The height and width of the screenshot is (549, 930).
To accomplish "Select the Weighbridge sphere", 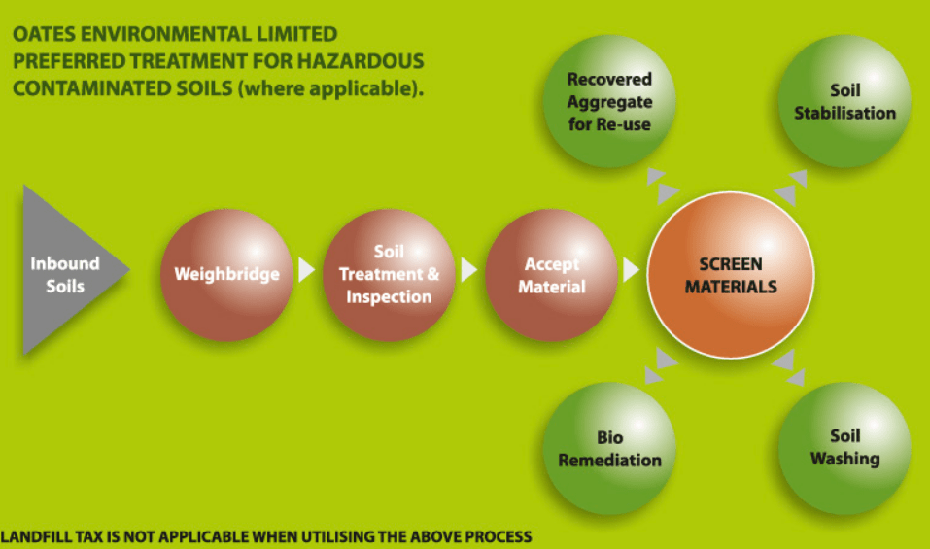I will [226, 274].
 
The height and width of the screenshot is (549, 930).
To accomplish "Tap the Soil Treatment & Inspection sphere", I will [389, 274].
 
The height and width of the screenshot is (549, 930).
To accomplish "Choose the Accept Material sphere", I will [551, 274].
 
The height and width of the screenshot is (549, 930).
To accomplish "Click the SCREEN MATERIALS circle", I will [731, 275].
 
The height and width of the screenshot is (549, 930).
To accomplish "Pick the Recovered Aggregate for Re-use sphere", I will [608, 100].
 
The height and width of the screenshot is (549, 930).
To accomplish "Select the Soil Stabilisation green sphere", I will [844, 101].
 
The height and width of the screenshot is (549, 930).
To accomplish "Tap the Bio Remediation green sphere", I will [609, 448].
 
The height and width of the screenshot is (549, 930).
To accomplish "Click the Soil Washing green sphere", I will [844, 448].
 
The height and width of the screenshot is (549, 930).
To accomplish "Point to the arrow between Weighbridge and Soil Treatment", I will [306, 270].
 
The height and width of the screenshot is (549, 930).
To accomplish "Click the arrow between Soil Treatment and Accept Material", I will [468, 270].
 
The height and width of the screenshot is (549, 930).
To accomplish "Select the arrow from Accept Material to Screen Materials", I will [631, 270].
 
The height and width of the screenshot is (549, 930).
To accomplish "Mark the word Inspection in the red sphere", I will [389, 297].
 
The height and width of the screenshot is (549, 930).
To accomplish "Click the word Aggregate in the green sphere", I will [609, 102].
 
